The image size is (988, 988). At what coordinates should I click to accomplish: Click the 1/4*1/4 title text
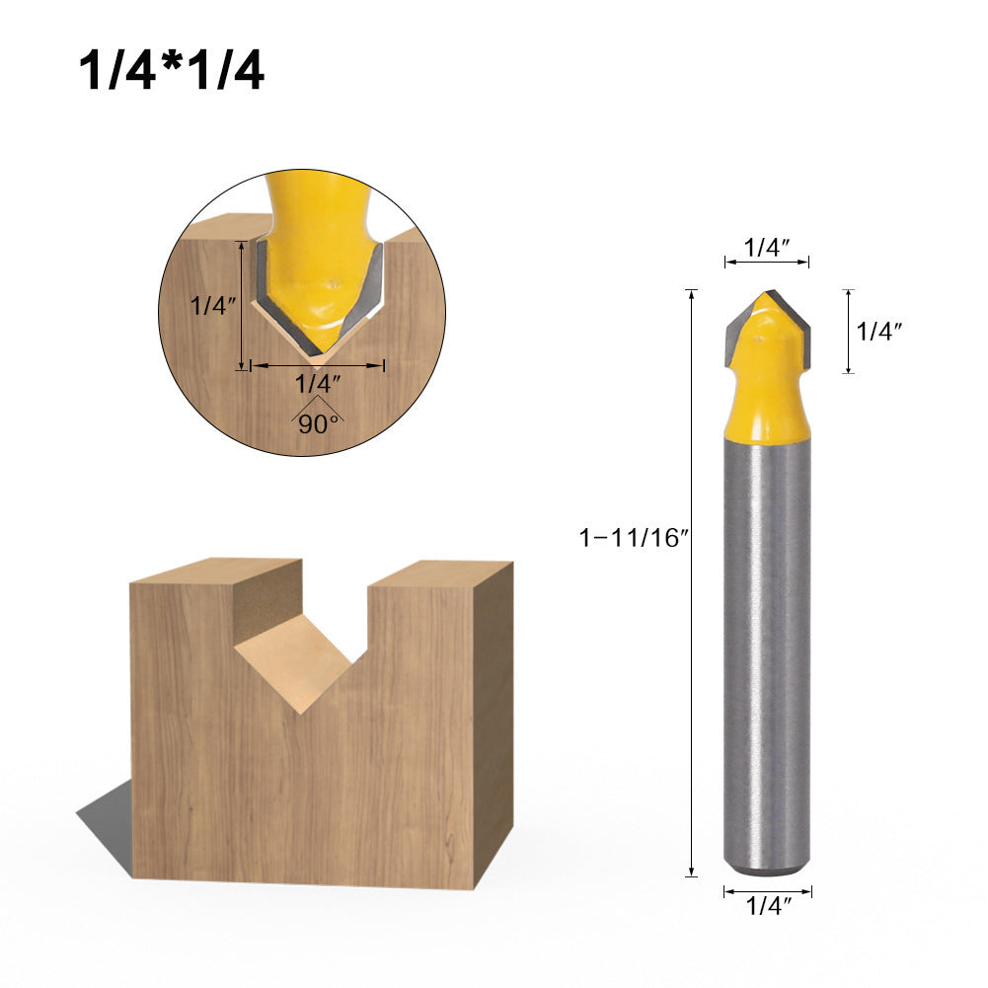(x=172, y=73)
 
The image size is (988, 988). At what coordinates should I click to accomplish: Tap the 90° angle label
(x=317, y=423)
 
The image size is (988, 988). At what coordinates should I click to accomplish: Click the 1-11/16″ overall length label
(x=632, y=538)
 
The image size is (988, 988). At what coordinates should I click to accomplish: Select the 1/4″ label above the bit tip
(x=767, y=248)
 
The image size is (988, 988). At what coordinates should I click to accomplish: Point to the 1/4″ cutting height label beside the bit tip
(x=879, y=333)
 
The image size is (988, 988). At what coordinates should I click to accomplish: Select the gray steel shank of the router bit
(x=767, y=651)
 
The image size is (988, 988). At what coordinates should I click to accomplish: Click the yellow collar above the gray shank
(x=767, y=415)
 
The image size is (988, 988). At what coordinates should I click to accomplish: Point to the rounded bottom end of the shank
(x=767, y=870)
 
